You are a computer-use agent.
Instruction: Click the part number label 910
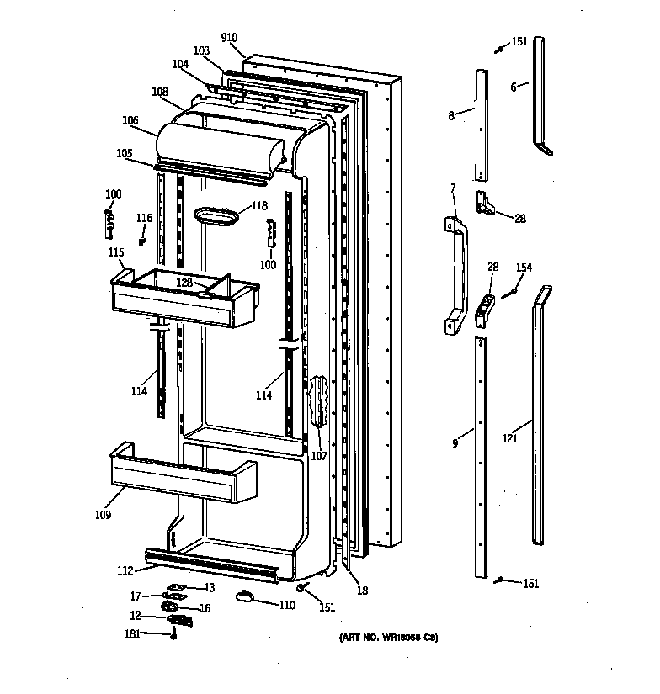[229, 38]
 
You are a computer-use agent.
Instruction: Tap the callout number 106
[130, 120]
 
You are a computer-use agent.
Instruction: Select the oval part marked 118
[216, 217]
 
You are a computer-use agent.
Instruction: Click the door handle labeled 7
[455, 275]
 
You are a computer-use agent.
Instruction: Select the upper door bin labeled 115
[184, 299]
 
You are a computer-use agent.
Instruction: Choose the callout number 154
[524, 268]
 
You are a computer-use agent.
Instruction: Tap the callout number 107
[319, 457]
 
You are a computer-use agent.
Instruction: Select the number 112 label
[125, 570]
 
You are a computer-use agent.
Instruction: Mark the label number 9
[455, 442]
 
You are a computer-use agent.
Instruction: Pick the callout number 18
[363, 591]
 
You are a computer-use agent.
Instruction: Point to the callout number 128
[184, 283]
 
